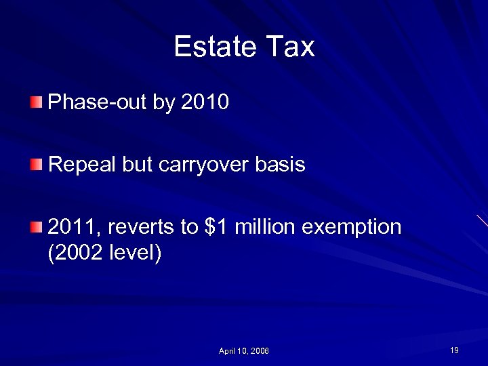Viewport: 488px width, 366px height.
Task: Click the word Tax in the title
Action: click(292, 47)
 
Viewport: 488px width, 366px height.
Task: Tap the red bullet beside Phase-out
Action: click(36, 103)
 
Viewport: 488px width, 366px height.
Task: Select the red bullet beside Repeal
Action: click(36, 164)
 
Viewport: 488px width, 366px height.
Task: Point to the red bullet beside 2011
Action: click(36, 226)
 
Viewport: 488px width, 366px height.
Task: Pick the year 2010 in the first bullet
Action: click(206, 103)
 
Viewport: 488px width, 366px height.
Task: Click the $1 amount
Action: click(216, 226)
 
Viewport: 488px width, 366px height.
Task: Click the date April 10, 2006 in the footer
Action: click(244, 351)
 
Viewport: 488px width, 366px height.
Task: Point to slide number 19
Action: click(454, 350)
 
